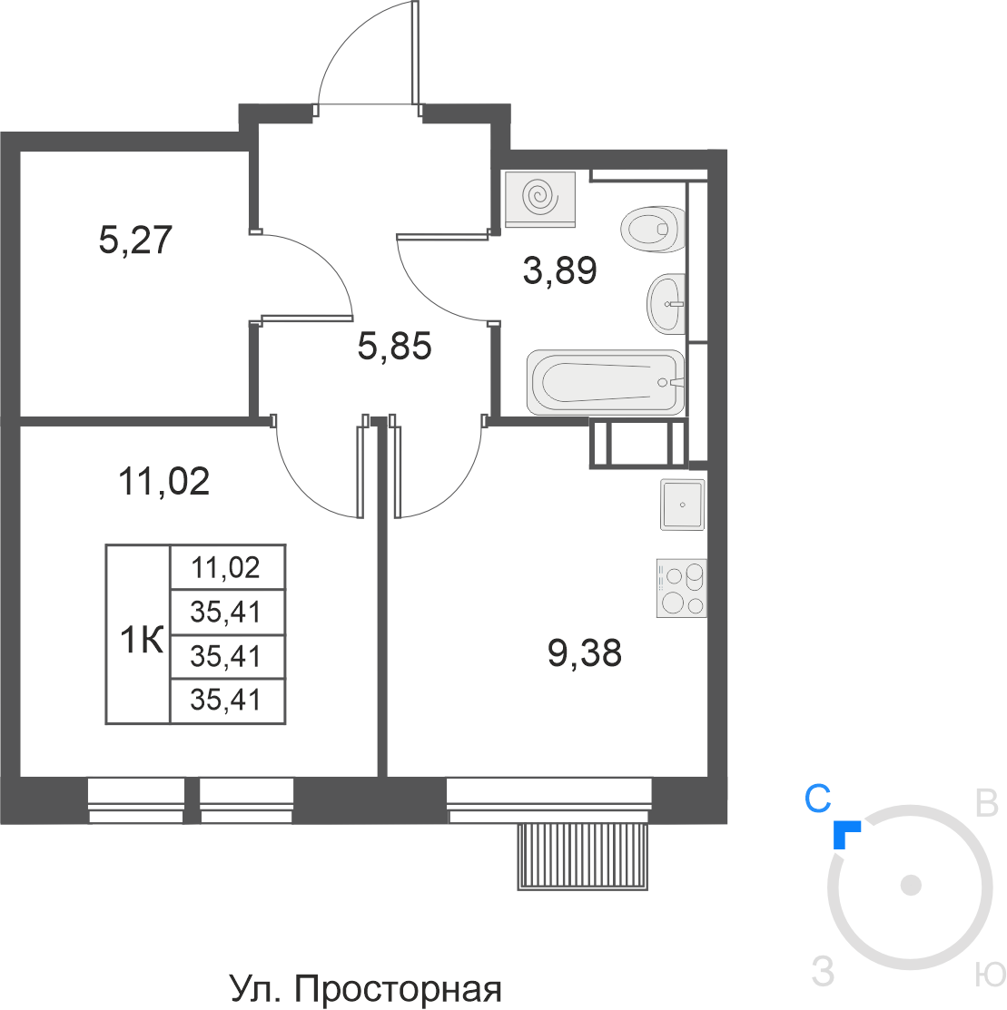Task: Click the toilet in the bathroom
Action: coord(652,229)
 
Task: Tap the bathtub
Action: coord(605,382)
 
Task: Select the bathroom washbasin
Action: coord(666,303)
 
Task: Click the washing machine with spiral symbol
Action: coord(540,197)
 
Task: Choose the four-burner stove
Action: coord(681,589)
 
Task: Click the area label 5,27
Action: coord(135,241)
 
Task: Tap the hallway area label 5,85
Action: coord(394,346)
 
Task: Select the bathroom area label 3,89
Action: coord(559,270)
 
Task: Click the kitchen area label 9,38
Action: coord(585,653)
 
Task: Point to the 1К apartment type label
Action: coord(142,642)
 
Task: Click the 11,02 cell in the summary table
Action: coord(226,568)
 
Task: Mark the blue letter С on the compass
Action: coord(817,799)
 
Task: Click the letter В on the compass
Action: coord(987,802)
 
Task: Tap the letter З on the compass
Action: coord(823,972)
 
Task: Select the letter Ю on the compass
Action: coord(989,975)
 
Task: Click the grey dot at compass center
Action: coord(911,885)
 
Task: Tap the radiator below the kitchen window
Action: coord(584,856)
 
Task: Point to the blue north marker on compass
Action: coord(845,833)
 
